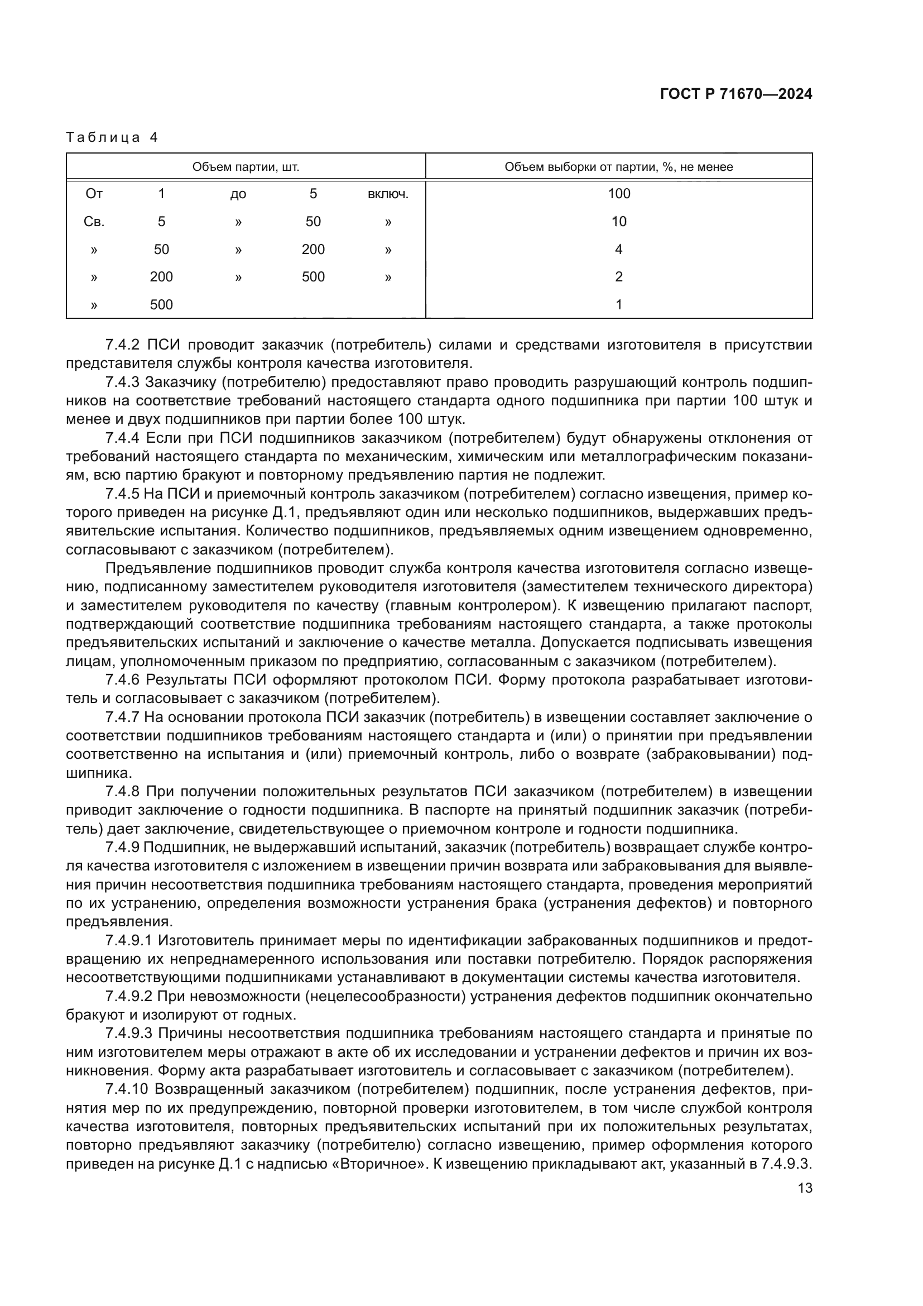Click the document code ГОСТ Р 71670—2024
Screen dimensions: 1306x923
[x=735, y=94]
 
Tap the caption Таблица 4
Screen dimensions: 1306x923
[x=112, y=137]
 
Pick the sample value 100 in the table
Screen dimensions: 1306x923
[x=618, y=193]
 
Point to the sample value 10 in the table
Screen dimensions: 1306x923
[x=618, y=221]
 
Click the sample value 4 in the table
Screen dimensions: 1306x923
[x=618, y=249]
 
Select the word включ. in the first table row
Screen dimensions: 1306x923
[x=388, y=194]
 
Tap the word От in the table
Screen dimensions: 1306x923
[x=94, y=194]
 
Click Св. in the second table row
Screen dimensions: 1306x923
[x=94, y=222]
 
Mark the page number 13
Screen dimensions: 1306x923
[x=805, y=1188]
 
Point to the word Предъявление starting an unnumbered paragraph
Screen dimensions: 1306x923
[x=150, y=568]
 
